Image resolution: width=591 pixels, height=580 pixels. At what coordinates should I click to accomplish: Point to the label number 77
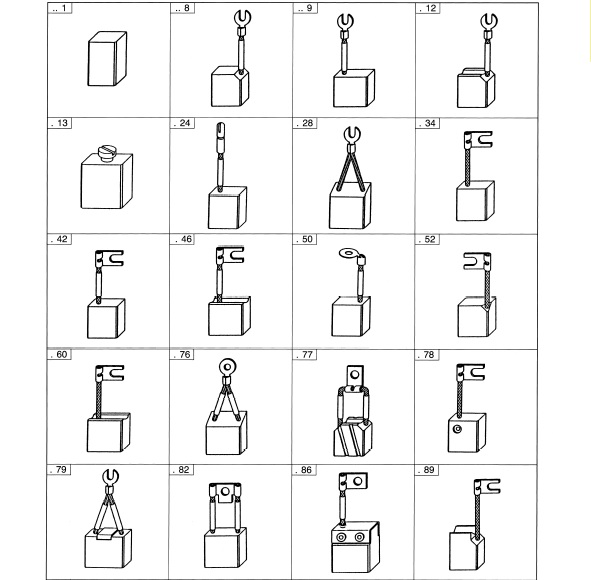306,354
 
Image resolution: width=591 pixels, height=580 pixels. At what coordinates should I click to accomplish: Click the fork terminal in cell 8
243,19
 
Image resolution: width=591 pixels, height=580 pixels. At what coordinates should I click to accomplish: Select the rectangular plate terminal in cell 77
350,377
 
